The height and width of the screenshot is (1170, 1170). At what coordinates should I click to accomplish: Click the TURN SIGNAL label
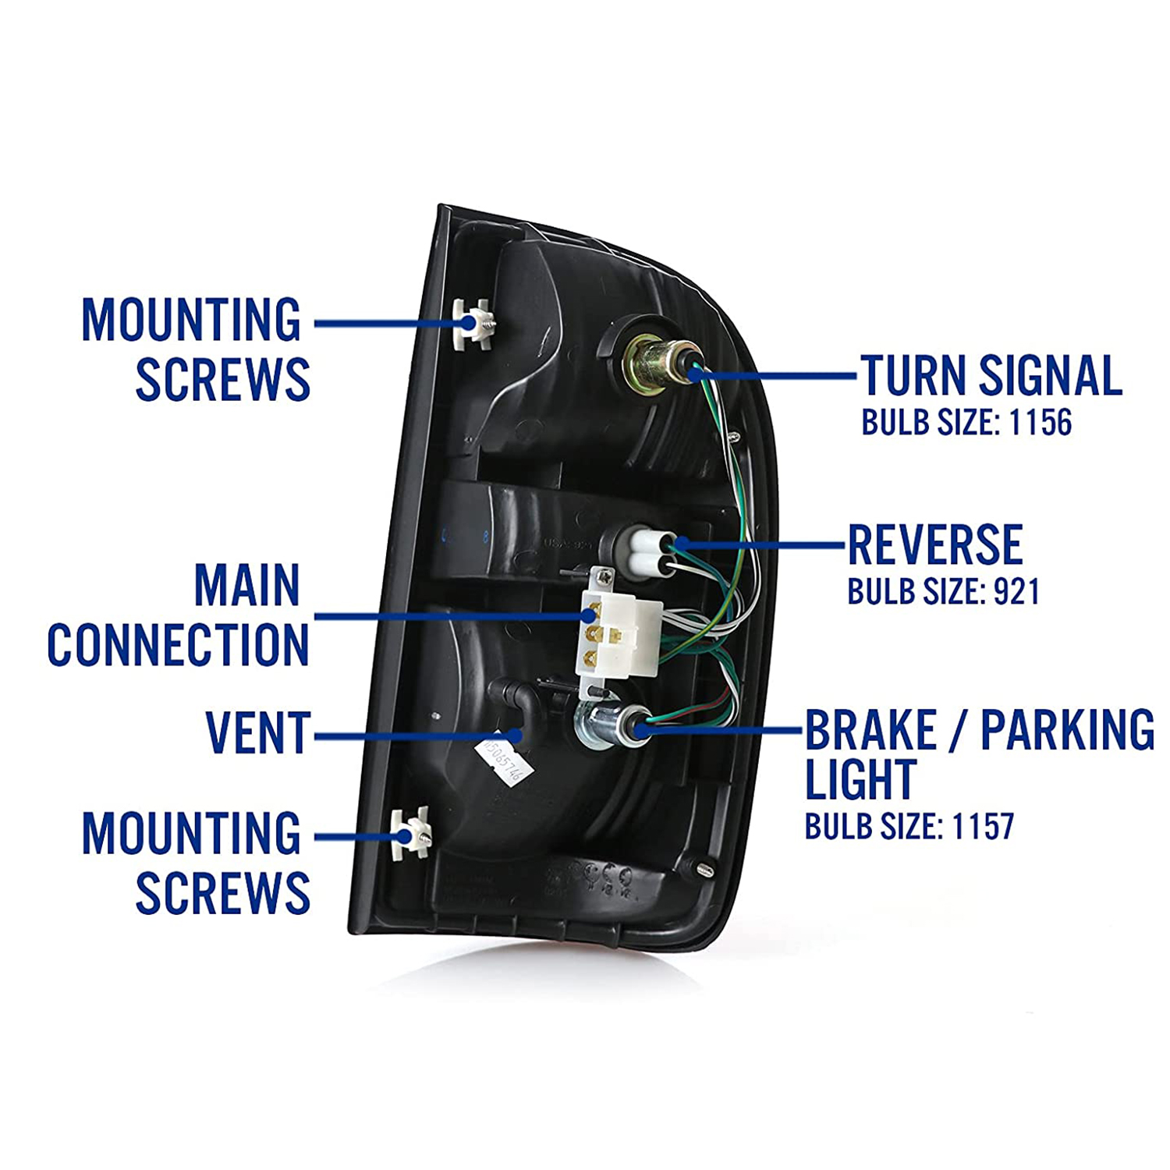click(x=991, y=376)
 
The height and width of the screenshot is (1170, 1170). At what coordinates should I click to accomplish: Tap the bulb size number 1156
click(x=1041, y=423)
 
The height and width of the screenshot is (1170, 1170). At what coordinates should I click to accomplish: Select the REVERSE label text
click(x=934, y=544)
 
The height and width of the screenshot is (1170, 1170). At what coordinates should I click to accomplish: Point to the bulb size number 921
click(x=1016, y=592)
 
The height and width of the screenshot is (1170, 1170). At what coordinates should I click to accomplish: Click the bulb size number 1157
click(x=983, y=827)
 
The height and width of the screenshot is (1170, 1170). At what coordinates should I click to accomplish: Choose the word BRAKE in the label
click(x=870, y=731)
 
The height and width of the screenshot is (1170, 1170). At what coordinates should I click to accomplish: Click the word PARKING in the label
click(x=1066, y=731)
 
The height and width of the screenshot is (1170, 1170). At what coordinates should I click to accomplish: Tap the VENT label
click(x=258, y=733)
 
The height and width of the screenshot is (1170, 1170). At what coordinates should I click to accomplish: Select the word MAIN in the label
click(x=246, y=586)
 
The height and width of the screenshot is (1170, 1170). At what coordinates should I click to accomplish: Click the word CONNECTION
click(x=178, y=645)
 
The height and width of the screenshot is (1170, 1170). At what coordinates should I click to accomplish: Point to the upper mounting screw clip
click(x=471, y=323)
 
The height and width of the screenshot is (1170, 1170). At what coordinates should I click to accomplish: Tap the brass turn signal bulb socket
click(x=654, y=363)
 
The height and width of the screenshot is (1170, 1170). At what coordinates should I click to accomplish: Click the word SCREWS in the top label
click(x=223, y=380)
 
